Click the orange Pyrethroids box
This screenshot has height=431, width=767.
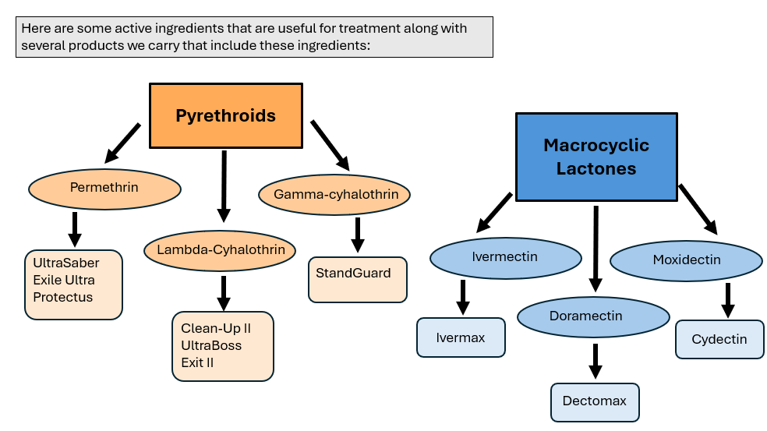coord(226,115)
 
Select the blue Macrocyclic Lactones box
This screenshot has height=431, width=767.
coord(596,157)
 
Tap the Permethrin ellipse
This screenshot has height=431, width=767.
coord(104,189)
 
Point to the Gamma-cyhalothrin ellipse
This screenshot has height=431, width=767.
coord(334,195)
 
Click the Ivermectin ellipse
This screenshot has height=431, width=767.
coord(506,258)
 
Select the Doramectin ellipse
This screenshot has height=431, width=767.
coord(593,317)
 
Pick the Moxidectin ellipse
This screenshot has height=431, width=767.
coord(686,260)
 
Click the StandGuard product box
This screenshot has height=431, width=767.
coord(358,280)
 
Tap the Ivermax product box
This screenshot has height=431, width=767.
coord(461,337)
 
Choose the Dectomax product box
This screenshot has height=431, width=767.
coord(595,402)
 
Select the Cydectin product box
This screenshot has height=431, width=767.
coord(719,340)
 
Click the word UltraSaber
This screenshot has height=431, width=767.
coord(66,263)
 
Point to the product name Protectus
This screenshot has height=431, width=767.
coord(62,298)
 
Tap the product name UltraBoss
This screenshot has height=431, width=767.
coord(211,346)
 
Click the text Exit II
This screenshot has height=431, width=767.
coord(197,363)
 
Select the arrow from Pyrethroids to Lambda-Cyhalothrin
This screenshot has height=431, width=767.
coord(224,186)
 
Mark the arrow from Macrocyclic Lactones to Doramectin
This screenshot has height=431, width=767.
coord(596,249)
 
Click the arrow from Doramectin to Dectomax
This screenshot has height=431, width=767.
coord(596,361)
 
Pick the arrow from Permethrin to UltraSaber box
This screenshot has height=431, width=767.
coord(75,229)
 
